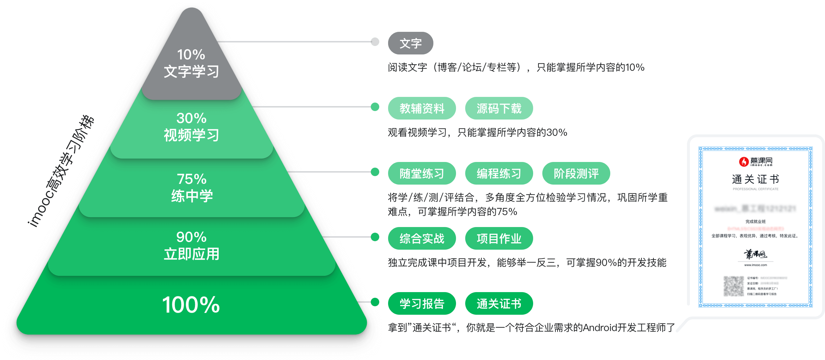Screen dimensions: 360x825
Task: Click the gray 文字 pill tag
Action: point(410,43)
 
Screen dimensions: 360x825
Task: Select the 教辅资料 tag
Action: point(422,108)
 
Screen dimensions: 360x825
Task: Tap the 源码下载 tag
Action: point(499,108)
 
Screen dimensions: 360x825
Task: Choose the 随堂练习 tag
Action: point(422,173)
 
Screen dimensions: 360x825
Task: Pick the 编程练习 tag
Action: point(499,173)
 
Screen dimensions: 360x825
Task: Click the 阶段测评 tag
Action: point(576,173)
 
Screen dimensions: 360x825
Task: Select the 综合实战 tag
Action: point(422,238)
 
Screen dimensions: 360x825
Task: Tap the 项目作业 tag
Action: point(499,238)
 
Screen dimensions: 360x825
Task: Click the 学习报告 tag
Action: point(422,303)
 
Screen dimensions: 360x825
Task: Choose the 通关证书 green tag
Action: point(499,303)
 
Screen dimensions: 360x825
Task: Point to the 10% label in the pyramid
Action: point(191,55)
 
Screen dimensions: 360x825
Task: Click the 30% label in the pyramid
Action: point(191,118)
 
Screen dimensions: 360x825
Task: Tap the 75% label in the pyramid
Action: point(191,179)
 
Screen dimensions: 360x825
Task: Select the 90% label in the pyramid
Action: point(191,237)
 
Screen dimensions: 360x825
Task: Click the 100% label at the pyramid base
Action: point(191,305)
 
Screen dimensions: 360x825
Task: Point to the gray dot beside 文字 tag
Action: point(375,42)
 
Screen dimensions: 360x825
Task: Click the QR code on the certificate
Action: point(733,286)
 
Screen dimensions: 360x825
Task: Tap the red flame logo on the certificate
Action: point(744,162)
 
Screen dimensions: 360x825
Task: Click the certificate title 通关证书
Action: point(755,179)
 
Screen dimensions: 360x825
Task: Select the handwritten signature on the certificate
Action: point(755,254)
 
